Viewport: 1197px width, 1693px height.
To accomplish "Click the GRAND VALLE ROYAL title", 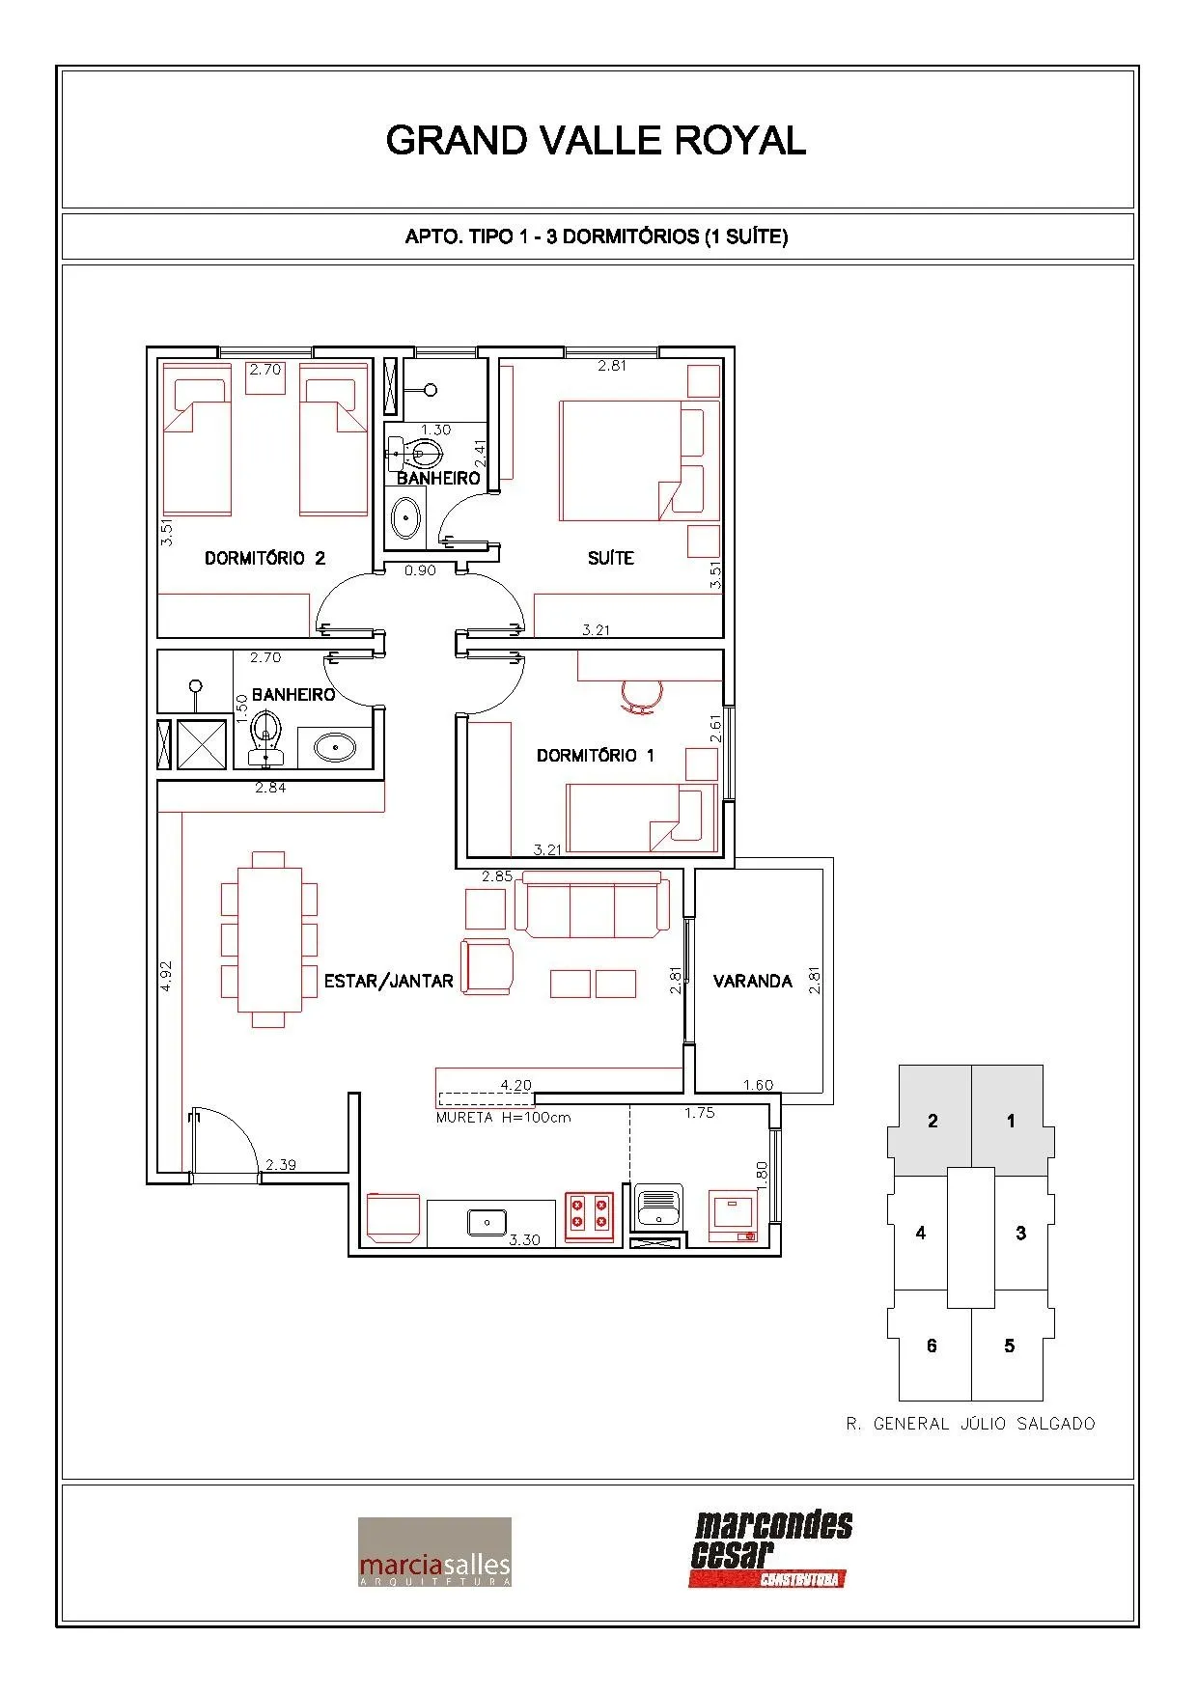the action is tap(596, 141).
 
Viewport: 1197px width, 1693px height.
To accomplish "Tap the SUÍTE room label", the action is tap(610, 557).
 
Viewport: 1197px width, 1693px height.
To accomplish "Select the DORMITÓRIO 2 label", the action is tap(264, 558).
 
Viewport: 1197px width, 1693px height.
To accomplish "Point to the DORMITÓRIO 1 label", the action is tap(595, 755).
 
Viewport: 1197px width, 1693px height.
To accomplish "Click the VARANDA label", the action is tap(752, 981).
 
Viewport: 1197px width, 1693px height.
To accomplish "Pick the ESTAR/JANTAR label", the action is tap(388, 981).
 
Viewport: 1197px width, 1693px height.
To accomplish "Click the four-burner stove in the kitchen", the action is tap(589, 1213).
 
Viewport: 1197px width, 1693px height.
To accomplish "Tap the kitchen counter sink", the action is tap(487, 1221).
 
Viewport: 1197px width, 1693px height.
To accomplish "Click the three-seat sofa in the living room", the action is tap(593, 904).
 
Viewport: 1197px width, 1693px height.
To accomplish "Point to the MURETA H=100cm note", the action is tap(503, 1118).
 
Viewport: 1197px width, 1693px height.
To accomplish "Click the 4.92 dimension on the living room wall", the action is tap(166, 976).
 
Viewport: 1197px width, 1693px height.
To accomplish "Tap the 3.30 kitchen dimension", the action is tap(524, 1239).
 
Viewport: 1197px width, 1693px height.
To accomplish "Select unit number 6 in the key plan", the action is tap(932, 1346).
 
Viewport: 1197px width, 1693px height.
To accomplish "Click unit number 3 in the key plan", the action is tap(1020, 1233).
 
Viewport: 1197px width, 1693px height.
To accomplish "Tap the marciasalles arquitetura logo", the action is tap(434, 1552).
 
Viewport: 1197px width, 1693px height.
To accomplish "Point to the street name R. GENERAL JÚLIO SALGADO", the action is tap(970, 1424).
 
